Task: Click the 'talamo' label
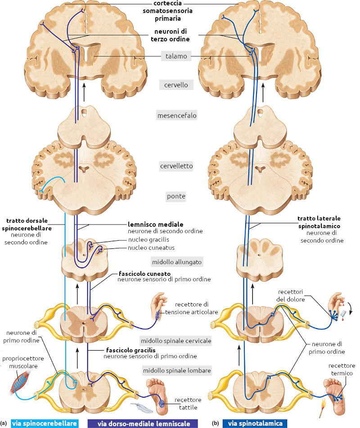pyautogui.click(x=176, y=57)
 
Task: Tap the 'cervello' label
pyautogui.click(x=176, y=85)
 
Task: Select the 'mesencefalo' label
pyautogui.click(x=176, y=116)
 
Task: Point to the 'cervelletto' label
pyautogui.click(x=176, y=166)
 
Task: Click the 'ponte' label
pyautogui.click(x=175, y=196)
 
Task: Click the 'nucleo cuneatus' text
pyautogui.click(x=151, y=248)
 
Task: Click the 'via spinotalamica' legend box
pyautogui.click(x=255, y=423)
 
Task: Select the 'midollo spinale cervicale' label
pyautogui.click(x=176, y=341)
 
